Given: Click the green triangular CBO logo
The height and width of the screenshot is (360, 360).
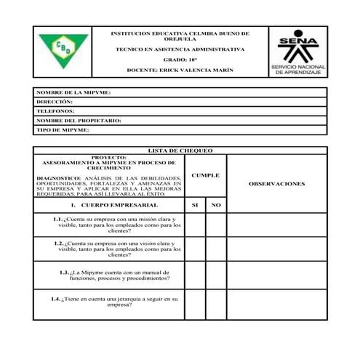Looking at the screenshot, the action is click(63, 51).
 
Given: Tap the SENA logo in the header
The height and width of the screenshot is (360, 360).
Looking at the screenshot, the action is click(298, 51).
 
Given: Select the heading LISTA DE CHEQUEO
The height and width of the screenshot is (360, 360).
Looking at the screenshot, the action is click(180, 151).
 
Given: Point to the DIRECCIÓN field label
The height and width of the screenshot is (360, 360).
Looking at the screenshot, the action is click(55, 103).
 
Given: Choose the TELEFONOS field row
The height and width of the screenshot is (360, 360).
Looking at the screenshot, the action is click(180, 111).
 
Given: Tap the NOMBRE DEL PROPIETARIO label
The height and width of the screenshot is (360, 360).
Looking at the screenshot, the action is click(79, 121).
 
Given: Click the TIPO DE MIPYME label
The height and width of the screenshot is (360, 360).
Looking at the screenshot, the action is click(63, 130).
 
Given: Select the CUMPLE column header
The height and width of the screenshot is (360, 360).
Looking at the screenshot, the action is click(205, 175).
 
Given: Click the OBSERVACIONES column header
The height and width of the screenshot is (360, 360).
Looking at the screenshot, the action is click(276, 184).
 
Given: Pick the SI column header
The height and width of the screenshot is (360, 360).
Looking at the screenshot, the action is click(194, 206).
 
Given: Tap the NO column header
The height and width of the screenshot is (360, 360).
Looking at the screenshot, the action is click(215, 206).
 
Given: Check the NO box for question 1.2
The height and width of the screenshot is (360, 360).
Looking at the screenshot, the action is click(215, 249).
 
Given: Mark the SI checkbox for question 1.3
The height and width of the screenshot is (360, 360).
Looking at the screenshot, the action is click(194, 275).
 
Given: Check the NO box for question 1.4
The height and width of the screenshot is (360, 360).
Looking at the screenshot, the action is click(215, 304).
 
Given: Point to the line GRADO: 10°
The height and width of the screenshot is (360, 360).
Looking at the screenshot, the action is click(180, 60).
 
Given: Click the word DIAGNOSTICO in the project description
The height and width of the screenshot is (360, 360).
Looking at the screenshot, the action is click(58, 178).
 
